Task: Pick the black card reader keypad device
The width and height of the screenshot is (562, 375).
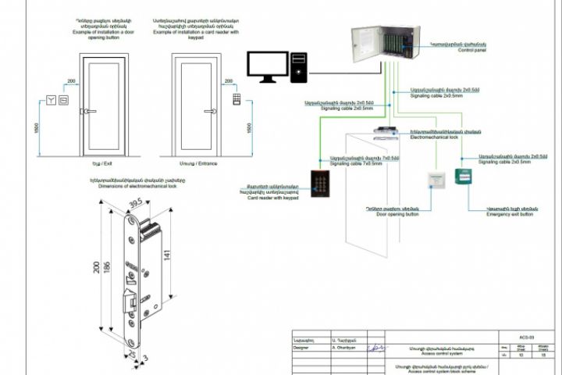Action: (x=320, y=183)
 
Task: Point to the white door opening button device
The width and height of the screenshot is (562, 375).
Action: (x=435, y=179)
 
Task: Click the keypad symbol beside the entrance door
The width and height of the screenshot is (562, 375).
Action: (x=236, y=100)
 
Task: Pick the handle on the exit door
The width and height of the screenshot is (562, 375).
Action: (x=87, y=112)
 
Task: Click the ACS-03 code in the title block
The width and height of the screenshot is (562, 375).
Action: (x=527, y=337)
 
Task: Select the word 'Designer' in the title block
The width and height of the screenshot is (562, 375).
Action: (x=301, y=348)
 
